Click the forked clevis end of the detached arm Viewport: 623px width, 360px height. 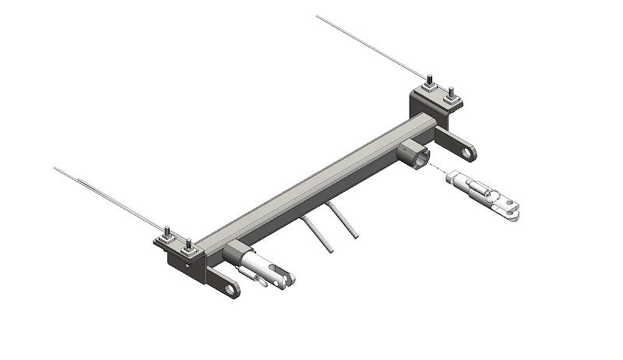(x=510, y=207)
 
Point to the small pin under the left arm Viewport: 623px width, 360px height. (x=262, y=281)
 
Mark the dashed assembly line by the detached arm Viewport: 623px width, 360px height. (x=439, y=172)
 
